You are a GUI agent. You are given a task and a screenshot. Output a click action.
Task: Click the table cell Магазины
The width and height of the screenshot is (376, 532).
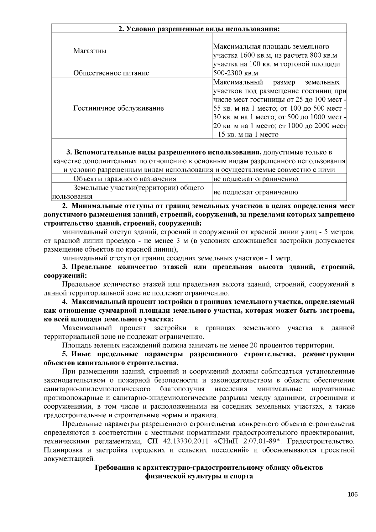tap(90, 51)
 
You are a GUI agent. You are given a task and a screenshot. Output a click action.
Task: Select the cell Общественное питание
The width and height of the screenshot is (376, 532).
tap(111, 73)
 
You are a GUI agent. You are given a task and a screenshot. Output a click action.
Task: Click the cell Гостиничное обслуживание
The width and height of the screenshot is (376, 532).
tap(118, 108)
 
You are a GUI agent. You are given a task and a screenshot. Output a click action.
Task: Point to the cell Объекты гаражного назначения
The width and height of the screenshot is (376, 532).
tap(124, 179)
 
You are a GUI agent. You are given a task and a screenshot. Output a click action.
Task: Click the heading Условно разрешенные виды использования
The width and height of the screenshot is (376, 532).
tap(199, 29)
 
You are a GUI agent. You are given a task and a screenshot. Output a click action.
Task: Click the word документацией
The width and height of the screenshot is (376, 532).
tap(69, 459)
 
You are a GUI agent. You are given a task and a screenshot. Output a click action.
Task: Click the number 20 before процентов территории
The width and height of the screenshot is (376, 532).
tap(253, 346)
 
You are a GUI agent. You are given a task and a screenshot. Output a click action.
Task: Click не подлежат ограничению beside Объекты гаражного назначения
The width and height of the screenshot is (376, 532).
tap(255, 179)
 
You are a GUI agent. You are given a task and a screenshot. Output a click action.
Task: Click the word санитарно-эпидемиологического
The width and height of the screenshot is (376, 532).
tap(97, 389)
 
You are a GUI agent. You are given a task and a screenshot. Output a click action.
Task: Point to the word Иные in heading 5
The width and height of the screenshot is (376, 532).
tap(81, 354)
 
